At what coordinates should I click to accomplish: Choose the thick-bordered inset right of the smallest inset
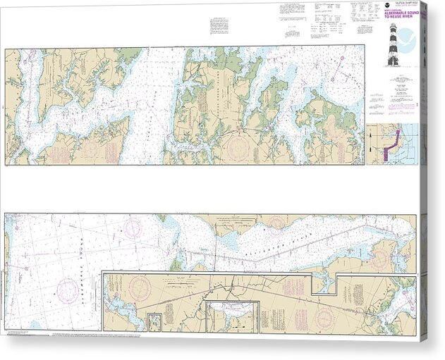point(233,317)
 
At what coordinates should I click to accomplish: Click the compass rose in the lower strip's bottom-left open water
point(67,289)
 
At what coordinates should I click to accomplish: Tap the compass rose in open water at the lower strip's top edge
point(133,226)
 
